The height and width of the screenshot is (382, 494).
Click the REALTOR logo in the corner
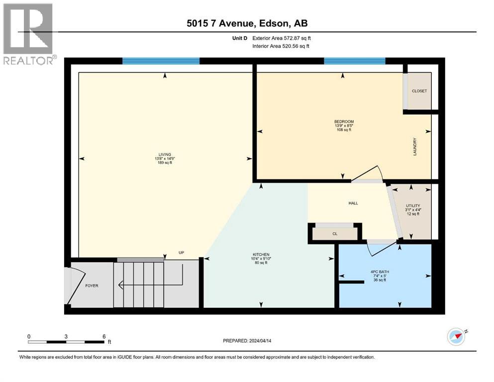pos(28,34)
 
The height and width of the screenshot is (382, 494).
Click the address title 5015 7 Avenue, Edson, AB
pos(247,23)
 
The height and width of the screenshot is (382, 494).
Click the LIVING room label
pos(165,155)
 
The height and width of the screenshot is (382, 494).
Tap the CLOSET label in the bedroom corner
pos(419,91)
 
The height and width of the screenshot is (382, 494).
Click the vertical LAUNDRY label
pos(414,147)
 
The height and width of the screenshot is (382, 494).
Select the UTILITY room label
pos(413,205)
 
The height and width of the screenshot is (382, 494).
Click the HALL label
pos(353,203)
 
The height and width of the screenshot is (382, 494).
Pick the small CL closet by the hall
pos(335,233)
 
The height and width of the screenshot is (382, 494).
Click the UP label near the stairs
pos(182,253)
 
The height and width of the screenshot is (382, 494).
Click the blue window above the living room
pos(161,61)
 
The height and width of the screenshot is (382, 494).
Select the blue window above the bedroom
pos(354,61)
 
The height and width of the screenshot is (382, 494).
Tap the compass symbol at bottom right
pos(456,337)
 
